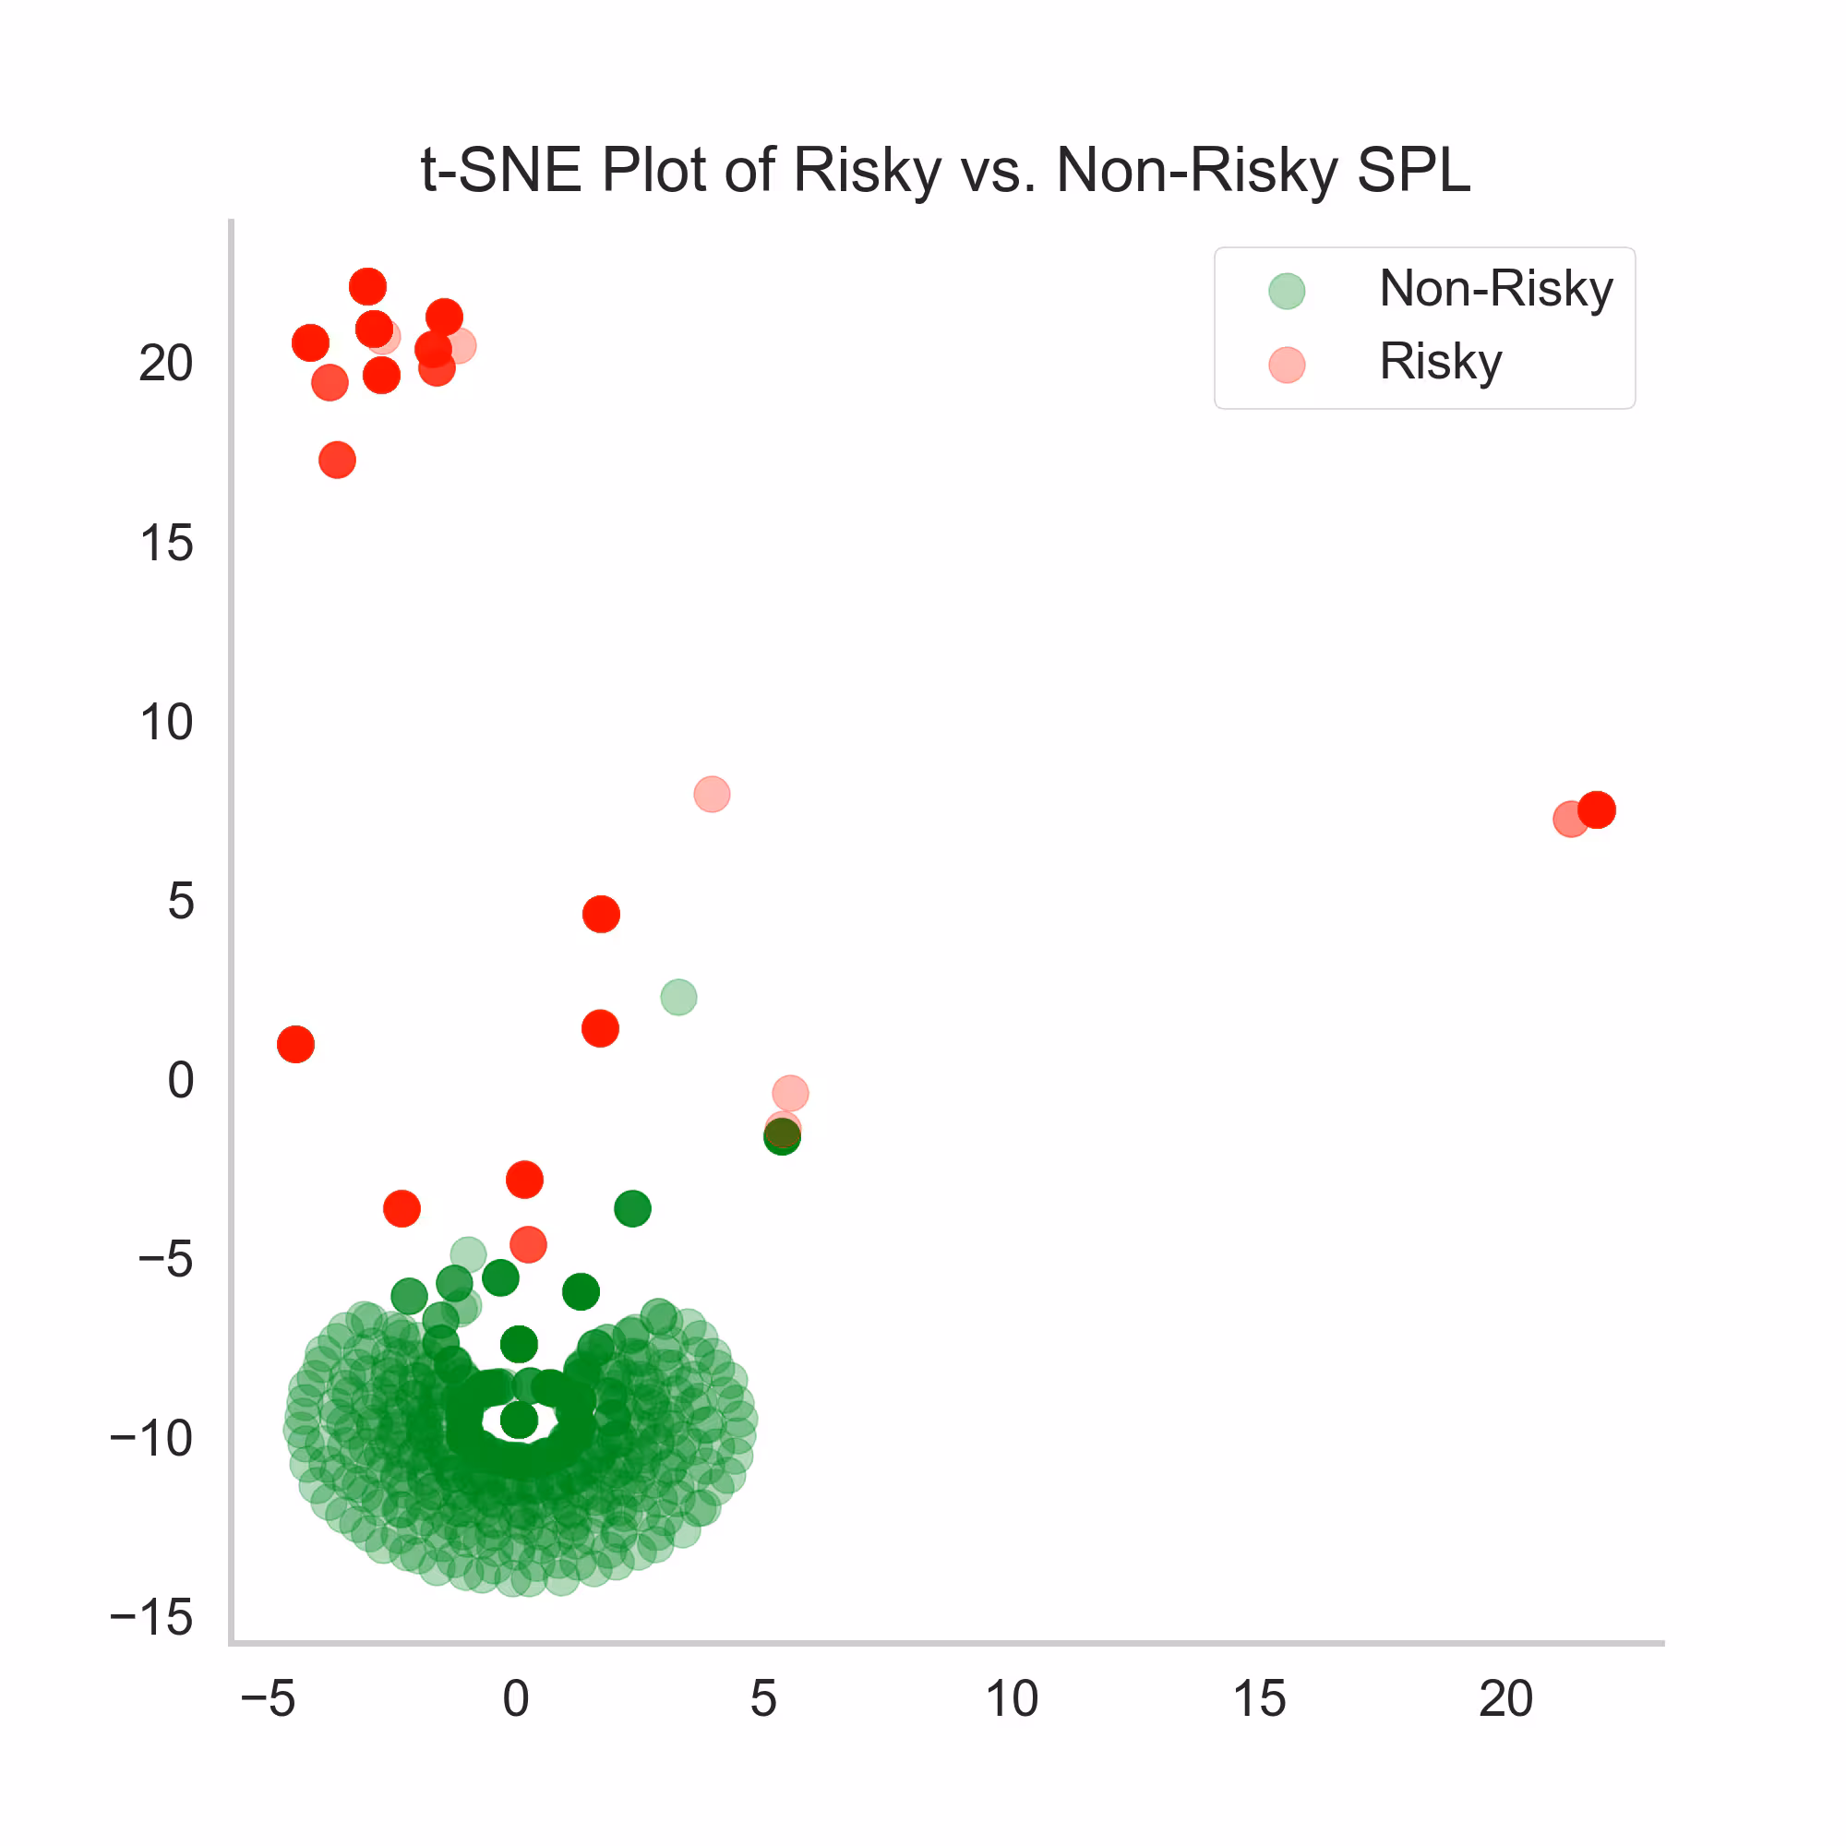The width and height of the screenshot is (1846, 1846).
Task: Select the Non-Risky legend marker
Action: (1286, 291)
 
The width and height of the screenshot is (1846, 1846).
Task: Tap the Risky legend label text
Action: (1440, 362)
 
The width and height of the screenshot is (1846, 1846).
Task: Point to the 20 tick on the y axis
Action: (166, 364)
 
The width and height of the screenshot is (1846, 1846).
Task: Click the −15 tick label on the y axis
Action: (152, 1618)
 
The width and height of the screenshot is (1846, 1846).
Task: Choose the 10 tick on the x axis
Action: (1011, 1699)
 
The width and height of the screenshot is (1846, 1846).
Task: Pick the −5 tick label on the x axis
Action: (268, 1699)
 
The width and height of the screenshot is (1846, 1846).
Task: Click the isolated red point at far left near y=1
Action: (295, 1044)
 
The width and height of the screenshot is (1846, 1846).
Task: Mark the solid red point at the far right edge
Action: (1597, 809)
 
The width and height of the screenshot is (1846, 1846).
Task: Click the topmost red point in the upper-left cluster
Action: (368, 287)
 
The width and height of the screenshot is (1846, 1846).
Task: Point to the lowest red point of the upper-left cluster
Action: (337, 460)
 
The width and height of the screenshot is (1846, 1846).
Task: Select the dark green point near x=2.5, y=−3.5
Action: (632, 1209)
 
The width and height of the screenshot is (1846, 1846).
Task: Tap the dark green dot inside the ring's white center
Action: (519, 1420)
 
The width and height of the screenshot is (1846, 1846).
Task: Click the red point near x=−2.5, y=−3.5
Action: (402, 1209)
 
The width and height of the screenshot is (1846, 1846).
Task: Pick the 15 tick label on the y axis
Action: (166, 544)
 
